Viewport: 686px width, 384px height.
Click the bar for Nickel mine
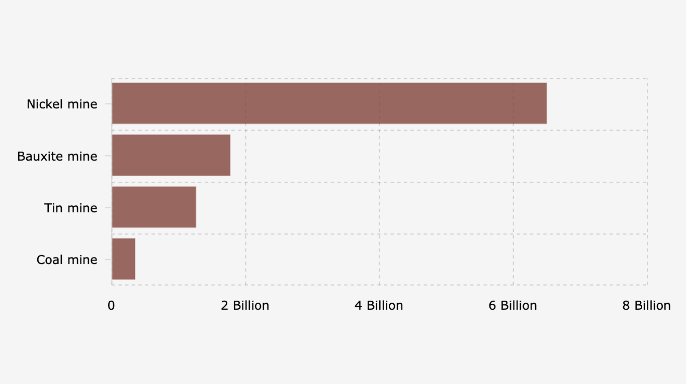coord(329,103)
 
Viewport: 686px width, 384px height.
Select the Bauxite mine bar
coord(171,155)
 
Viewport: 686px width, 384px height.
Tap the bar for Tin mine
coord(154,207)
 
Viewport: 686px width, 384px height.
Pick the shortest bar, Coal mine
coord(123,259)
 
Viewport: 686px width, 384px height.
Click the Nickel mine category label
coord(62,104)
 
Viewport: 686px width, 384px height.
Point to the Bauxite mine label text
coord(57,156)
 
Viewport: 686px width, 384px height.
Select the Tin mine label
coord(70,208)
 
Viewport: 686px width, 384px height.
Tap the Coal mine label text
coord(67,260)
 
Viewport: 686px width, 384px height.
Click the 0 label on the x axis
coord(111,306)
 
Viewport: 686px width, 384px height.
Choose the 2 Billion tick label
coord(245,306)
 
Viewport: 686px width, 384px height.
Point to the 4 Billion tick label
coord(379,306)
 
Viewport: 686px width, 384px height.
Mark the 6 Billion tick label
coord(512,306)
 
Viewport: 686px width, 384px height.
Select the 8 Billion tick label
coord(646,306)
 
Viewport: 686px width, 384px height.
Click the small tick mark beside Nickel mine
coord(108,104)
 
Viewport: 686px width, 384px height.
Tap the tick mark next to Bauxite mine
coord(108,156)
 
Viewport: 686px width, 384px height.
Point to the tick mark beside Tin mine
coord(108,207)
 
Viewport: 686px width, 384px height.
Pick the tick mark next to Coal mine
coord(108,260)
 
